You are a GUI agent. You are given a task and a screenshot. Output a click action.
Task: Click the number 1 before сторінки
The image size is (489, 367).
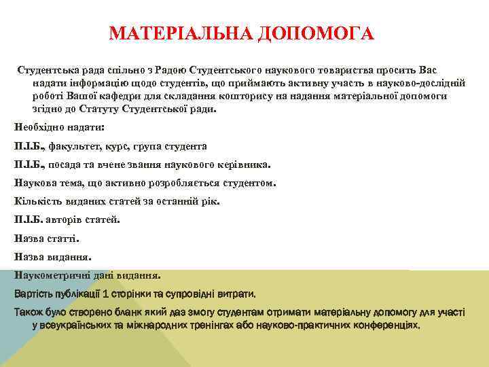[x=101, y=294]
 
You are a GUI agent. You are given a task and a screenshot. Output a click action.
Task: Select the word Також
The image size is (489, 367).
[x=29, y=312]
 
